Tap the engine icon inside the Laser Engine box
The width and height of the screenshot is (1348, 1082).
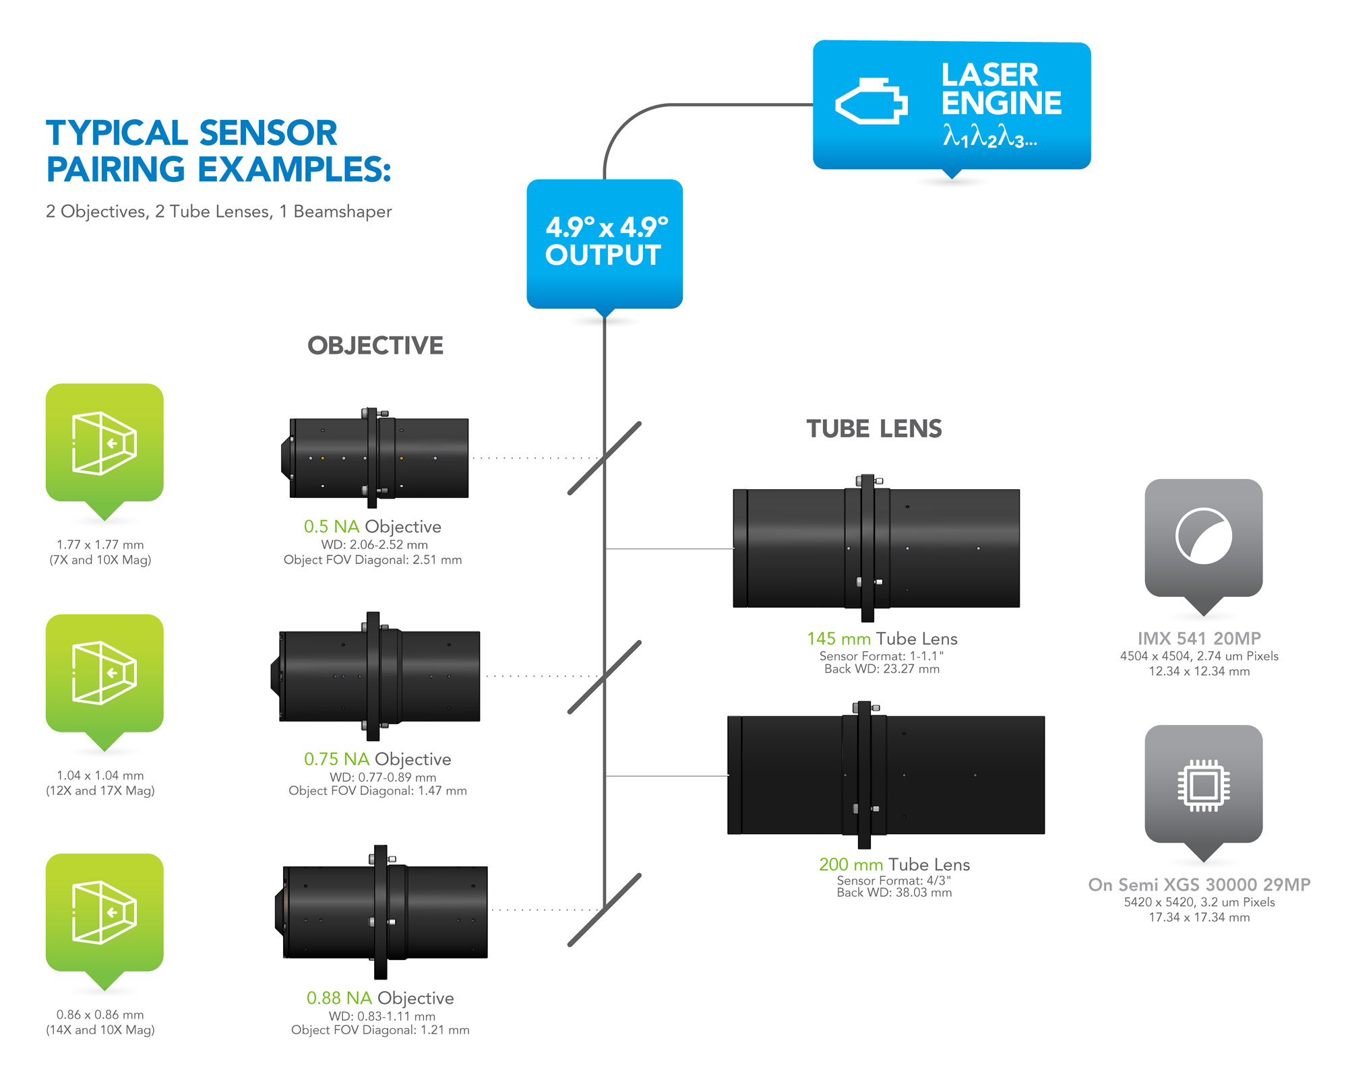click(x=871, y=102)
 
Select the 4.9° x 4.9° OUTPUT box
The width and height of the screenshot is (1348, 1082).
click(x=605, y=243)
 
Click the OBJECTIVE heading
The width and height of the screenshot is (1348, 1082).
click(x=375, y=346)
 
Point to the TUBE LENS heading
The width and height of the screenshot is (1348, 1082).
click(x=874, y=429)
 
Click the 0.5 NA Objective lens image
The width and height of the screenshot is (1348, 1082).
click(x=375, y=457)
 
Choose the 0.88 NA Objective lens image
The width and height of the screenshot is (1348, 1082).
click(x=381, y=912)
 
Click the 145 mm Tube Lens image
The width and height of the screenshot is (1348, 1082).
click(x=876, y=548)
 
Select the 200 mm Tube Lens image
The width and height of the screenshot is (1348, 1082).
click(x=885, y=775)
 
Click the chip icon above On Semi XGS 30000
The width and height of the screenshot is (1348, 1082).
click(x=1203, y=784)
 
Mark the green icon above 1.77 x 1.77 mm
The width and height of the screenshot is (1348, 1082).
click(x=104, y=443)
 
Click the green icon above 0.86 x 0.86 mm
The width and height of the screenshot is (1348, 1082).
click(x=104, y=913)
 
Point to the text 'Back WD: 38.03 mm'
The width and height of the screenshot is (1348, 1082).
click(x=894, y=893)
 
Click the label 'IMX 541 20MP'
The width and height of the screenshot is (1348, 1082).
click(x=1199, y=638)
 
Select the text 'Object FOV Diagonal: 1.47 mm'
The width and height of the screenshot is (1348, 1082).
click(x=377, y=791)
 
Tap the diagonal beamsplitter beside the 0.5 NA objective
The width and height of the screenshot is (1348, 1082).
click(x=605, y=458)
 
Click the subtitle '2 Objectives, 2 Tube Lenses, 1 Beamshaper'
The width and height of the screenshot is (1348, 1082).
click(x=218, y=212)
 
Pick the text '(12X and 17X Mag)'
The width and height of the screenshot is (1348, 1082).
click(x=100, y=791)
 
